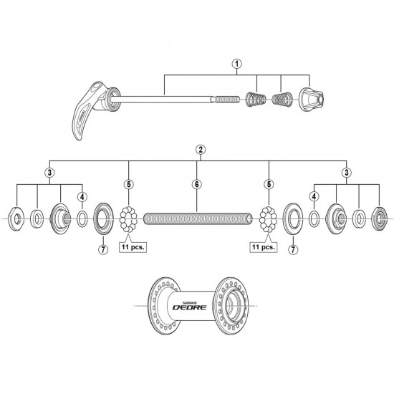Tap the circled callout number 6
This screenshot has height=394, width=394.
point(196,183)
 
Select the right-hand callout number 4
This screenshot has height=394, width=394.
point(314,196)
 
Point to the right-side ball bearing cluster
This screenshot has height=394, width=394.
point(268,216)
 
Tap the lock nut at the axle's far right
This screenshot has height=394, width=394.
point(380,216)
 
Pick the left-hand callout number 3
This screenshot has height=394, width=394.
point(48,172)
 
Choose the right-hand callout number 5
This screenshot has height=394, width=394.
point(269,183)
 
